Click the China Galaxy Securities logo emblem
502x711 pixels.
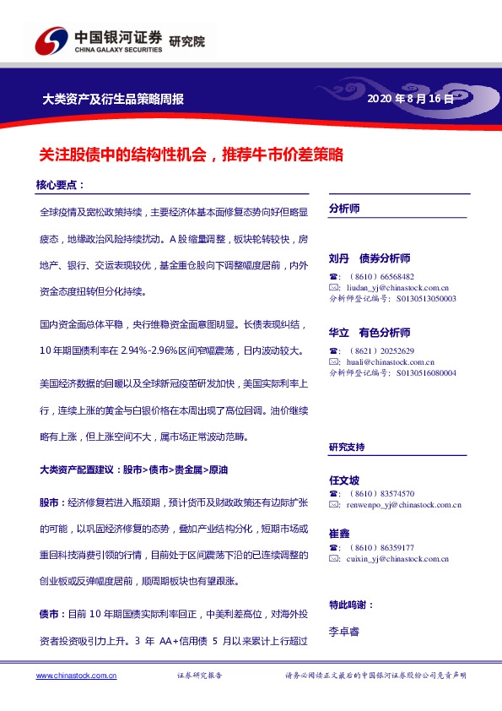[51, 41]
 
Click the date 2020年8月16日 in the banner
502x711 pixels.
[411, 99]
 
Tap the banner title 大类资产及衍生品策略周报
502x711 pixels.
[113, 99]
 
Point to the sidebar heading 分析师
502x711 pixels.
[344, 208]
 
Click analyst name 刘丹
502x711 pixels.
[339, 258]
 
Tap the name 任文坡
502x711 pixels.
[344, 480]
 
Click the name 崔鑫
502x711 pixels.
[339, 534]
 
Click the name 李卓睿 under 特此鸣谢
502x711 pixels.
[344, 630]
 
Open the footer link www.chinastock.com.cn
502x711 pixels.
[76, 676]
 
